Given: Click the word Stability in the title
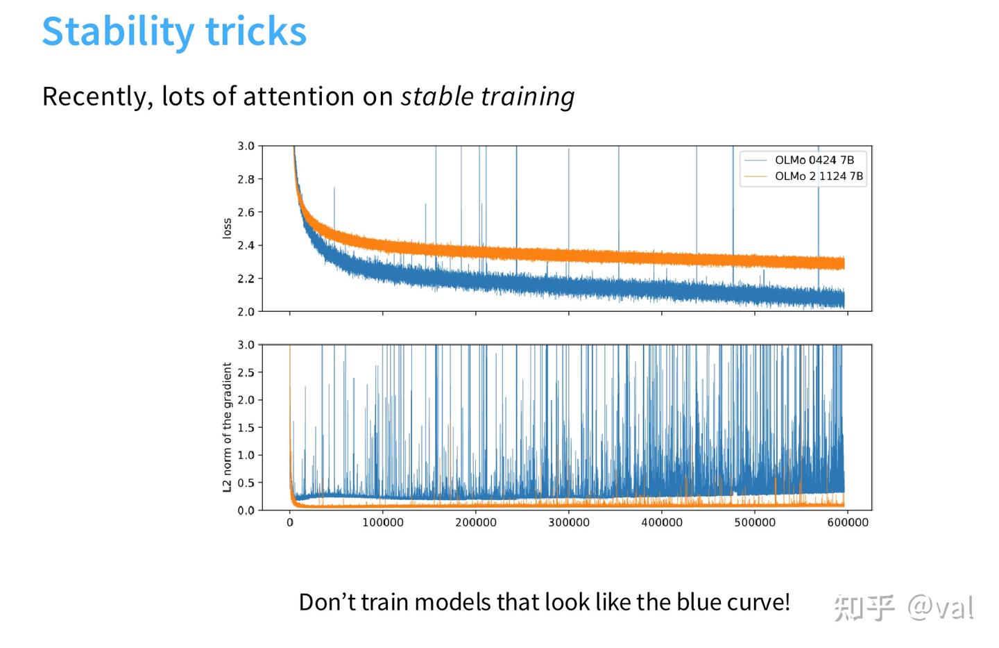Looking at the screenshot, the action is tap(118, 32).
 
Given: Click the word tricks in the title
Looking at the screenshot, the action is tap(256, 31).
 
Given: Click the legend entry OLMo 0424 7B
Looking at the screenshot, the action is tap(814, 160).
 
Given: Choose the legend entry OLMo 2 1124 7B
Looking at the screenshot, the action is tap(819, 176).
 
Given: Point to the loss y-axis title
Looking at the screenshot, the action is tap(227, 229).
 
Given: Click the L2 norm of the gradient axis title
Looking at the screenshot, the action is tap(227, 427).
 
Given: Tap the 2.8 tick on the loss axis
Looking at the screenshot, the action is tap(246, 179).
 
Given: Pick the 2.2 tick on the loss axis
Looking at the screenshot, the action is tap(246, 279).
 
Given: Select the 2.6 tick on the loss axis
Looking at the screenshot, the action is tap(246, 213).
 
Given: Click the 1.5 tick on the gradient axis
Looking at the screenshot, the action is tap(246, 428).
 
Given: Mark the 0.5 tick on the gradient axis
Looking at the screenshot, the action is tap(246, 483).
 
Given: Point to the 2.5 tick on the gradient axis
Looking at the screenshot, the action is tap(246, 372).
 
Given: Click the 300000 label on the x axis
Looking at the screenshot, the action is tap(569, 522).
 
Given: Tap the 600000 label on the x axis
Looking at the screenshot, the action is tap(848, 522).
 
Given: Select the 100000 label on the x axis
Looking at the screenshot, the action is tap(383, 522).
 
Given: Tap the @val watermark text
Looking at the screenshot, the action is tap(940, 608).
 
